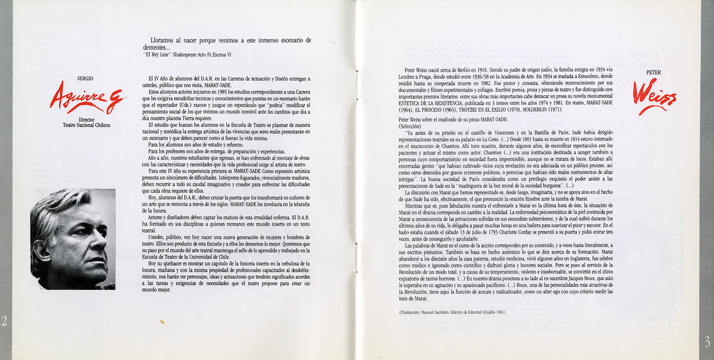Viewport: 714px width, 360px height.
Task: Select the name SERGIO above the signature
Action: [85, 79]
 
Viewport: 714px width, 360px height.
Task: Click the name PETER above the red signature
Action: [654, 72]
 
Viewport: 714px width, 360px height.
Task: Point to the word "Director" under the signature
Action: [86, 119]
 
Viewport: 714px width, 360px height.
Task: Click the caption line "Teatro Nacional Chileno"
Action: [86, 125]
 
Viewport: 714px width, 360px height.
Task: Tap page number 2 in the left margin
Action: [4, 321]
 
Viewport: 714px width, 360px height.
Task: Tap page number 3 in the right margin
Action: [707, 341]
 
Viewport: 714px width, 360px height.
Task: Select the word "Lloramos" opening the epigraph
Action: [164, 41]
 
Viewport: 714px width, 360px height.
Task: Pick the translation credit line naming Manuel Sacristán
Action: [452, 312]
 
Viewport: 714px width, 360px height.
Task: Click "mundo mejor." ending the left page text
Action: [156, 290]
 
